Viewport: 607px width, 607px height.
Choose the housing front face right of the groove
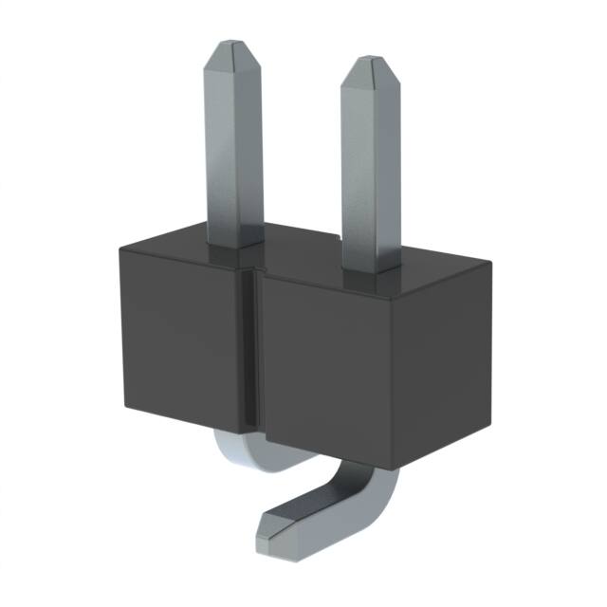(332, 370)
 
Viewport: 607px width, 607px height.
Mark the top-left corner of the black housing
(120, 248)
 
